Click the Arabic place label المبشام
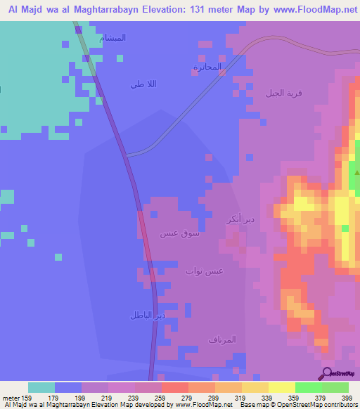click(113, 38)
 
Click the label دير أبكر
click(236, 219)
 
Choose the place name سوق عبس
click(179, 233)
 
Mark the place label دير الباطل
click(147, 315)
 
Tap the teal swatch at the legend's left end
click(41, 387)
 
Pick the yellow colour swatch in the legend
click(281, 387)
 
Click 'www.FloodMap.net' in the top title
click(309, 9)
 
